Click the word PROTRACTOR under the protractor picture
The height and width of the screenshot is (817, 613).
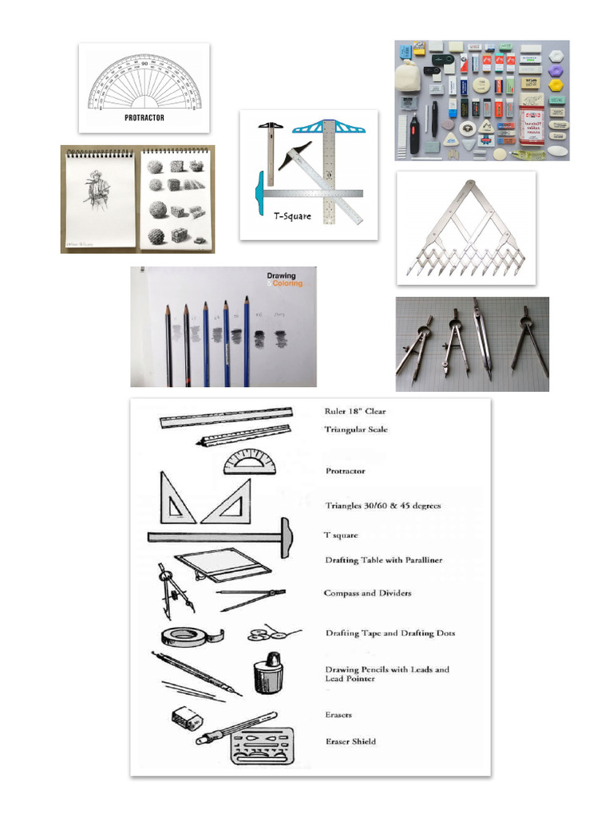144,118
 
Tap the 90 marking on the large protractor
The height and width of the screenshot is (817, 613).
144,62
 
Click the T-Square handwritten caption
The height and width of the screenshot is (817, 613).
292,216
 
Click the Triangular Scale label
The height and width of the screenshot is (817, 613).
356,429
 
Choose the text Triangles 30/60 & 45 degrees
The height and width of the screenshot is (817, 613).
382,505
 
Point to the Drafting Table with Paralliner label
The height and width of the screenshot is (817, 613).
383,560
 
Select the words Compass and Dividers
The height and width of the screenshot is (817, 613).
367,594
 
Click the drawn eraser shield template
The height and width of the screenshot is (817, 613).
262,746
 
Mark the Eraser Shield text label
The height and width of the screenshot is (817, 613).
350,741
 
